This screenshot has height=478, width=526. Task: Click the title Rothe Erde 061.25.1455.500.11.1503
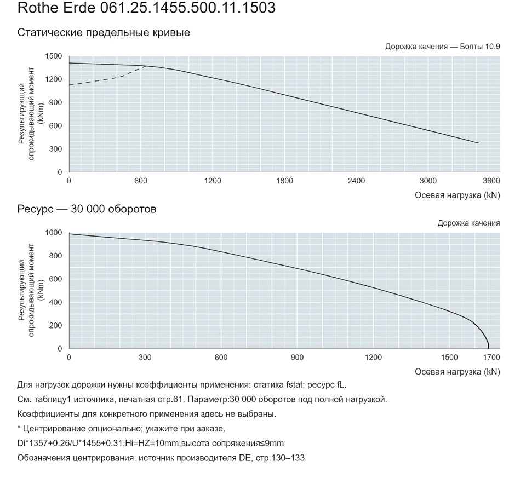click(x=146, y=8)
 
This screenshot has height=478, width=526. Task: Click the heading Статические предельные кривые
click(x=104, y=32)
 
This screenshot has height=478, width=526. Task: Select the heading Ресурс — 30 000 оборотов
click(x=87, y=209)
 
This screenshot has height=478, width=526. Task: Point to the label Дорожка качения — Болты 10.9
click(x=443, y=47)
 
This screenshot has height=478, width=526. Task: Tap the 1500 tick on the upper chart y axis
click(x=54, y=56)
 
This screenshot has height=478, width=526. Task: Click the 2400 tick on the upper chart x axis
click(x=356, y=181)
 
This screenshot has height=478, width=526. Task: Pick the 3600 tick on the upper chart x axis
click(x=491, y=181)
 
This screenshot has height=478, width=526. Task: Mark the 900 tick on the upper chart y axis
click(x=56, y=102)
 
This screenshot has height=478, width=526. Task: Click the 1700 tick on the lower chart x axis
click(x=491, y=358)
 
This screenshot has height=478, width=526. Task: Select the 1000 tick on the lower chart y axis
click(x=54, y=233)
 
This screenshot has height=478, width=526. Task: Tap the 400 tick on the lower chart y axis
click(x=56, y=302)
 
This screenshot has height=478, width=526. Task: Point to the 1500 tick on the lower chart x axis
click(x=449, y=358)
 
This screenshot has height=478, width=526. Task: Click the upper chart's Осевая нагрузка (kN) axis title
click(x=457, y=195)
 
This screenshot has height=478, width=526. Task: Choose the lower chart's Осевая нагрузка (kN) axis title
click(x=457, y=372)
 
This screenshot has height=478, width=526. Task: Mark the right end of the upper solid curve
click(x=478, y=143)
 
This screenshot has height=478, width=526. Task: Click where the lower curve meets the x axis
click(x=488, y=349)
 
